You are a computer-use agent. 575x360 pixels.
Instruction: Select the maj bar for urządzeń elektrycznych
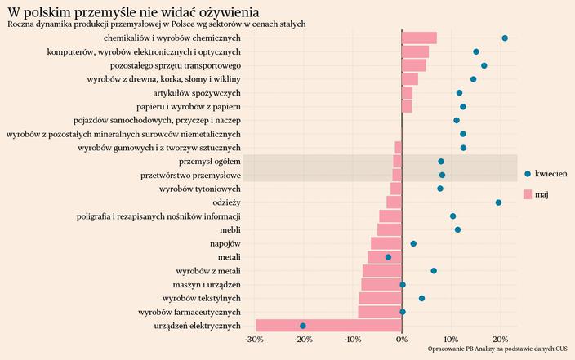point(328,326)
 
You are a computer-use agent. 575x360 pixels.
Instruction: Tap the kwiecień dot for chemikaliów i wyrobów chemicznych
point(505,38)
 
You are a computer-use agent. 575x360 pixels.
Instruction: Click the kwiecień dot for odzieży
point(498,202)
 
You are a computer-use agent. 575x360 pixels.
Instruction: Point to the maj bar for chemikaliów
point(419,38)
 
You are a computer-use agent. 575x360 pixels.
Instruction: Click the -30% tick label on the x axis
point(255,340)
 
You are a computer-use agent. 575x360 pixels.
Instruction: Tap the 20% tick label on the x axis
point(500,340)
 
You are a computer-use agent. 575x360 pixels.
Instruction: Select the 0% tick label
point(402,340)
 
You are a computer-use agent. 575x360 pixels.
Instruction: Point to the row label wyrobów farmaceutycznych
point(189,312)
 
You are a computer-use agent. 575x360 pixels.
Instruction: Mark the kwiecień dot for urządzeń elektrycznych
point(303,326)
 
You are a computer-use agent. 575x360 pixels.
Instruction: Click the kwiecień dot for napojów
point(413,243)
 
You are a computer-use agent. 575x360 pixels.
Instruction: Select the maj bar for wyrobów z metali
point(382,271)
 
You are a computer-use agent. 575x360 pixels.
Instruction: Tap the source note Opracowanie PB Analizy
point(497,349)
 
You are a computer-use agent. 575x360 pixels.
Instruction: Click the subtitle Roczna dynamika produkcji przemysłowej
point(156,24)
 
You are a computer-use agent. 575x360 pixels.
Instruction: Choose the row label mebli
point(230,229)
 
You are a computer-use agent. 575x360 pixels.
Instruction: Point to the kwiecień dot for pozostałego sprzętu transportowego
point(484,65)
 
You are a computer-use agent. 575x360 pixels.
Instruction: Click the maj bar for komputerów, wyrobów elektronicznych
point(415,51)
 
